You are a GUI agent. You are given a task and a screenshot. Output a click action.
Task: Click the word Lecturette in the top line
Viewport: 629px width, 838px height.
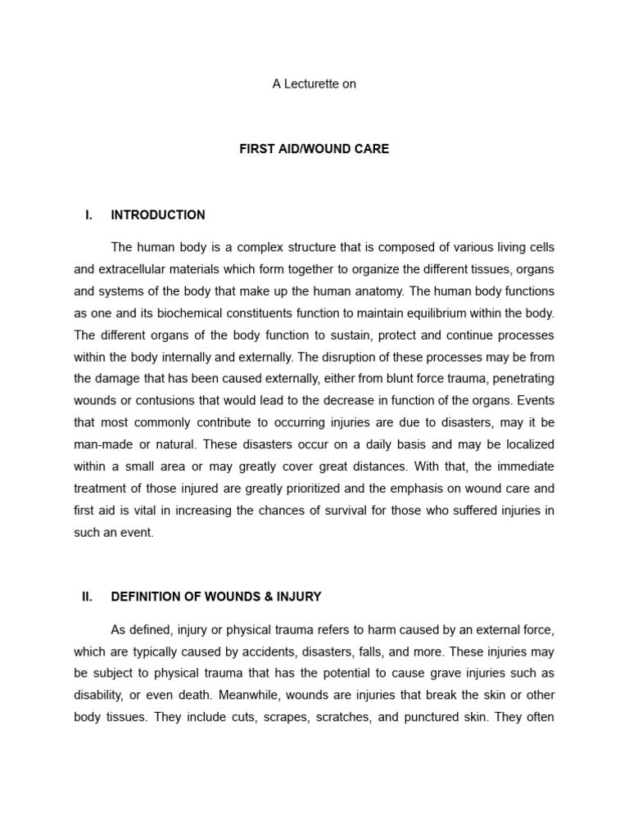pyautogui.click(x=310, y=83)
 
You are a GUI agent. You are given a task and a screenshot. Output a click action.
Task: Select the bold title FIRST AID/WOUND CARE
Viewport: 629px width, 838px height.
pyautogui.click(x=314, y=149)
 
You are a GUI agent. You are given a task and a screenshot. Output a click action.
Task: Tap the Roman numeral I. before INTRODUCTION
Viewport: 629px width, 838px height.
pyautogui.click(x=88, y=215)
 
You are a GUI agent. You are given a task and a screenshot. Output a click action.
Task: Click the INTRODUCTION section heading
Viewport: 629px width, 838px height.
pyautogui.click(x=158, y=215)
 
